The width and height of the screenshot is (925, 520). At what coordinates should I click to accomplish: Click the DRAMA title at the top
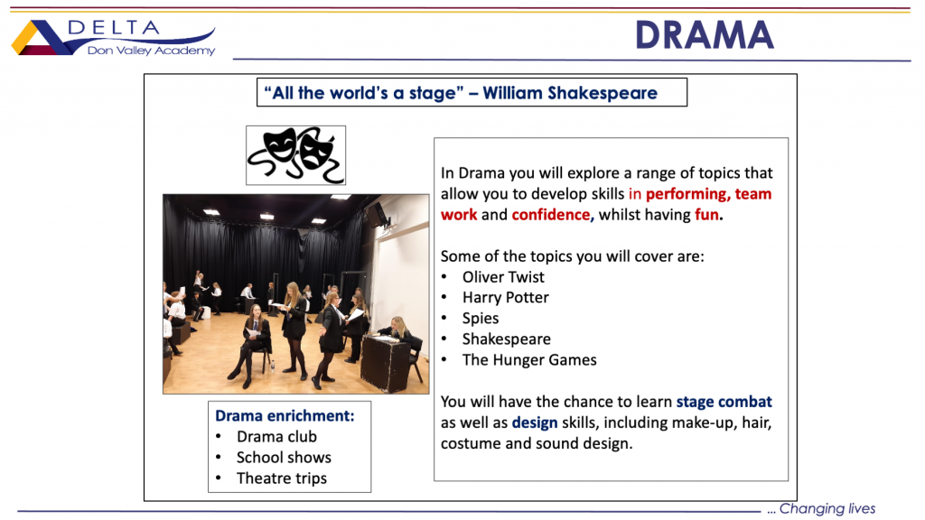click(x=705, y=35)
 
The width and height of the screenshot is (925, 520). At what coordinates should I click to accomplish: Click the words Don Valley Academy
click(x=151, y=51)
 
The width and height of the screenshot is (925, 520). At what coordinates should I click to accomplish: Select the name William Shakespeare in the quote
click(x=570, y=93)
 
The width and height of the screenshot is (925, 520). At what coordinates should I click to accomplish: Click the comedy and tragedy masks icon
click(x=295, y=155)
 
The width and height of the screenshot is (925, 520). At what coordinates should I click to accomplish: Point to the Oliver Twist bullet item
click(x=503, y=276)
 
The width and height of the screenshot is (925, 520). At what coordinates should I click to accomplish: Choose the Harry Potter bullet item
click(x=506, y=297)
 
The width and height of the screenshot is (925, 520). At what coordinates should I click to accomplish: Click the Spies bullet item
click(x=481, y=319)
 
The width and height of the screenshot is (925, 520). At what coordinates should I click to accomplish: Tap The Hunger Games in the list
click(x=529, y=359)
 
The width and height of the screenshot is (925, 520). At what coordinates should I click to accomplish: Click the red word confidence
click(x=551, y=215)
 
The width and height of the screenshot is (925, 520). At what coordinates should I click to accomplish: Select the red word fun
click(x=706, y=215)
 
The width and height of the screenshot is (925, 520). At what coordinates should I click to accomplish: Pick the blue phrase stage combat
click(x=724, y=402)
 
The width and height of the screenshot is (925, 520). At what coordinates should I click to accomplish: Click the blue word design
click(x=535, y=422)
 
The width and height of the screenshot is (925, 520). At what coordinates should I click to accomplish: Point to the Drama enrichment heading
click(x=285, y=415)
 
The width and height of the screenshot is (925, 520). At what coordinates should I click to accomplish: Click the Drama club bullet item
click(x=276, y=436)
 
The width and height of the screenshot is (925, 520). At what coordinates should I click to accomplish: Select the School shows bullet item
click(x=284, y=458)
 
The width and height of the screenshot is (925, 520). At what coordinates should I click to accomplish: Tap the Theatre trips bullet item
click(x=282, y=478)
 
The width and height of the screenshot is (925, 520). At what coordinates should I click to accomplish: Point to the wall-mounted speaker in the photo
click(x=376, y=215)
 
